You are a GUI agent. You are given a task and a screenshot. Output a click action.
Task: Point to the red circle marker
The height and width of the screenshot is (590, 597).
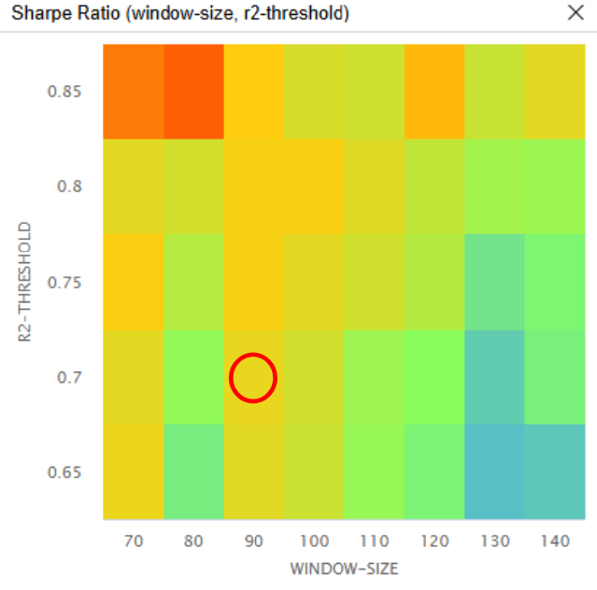pos(253,378)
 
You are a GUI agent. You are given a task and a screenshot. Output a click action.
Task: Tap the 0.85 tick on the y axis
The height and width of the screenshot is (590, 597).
pos(64,91)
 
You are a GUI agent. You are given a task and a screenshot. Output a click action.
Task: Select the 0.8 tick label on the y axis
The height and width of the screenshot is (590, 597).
pos(69,187)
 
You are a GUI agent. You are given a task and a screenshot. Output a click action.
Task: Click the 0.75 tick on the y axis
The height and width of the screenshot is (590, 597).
pos(64,283)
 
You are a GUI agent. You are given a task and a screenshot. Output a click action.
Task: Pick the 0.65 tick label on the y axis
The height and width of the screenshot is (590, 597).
pos(64,472)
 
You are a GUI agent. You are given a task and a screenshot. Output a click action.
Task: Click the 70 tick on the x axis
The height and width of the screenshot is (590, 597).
pos(133,540)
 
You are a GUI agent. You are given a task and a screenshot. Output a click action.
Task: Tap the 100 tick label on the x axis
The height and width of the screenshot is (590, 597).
pos(314,540)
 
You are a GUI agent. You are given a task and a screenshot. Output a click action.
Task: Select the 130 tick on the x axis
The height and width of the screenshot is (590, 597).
pos(494,540)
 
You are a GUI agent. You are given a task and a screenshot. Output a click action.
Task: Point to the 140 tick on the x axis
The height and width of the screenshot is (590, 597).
pos(555,540)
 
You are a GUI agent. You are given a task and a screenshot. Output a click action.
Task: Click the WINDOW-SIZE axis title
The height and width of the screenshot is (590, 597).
pos(344,567)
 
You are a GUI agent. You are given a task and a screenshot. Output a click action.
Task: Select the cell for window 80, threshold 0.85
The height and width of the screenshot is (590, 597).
pos(193,91)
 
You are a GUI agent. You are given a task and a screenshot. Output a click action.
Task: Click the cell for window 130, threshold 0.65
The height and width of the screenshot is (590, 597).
pos(494,472)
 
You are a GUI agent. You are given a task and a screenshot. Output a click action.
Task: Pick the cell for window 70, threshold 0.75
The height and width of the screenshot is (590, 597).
pos(133,283)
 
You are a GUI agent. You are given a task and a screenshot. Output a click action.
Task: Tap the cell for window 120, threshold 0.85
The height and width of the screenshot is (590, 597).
pos(434,91)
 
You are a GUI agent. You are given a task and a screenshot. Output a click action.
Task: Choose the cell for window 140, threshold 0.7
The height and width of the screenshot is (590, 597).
pos(555,378)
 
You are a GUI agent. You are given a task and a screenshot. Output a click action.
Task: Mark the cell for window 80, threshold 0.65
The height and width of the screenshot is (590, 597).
pos(193,472)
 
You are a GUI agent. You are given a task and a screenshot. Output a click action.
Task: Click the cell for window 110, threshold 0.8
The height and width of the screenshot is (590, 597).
pos(374,187)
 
